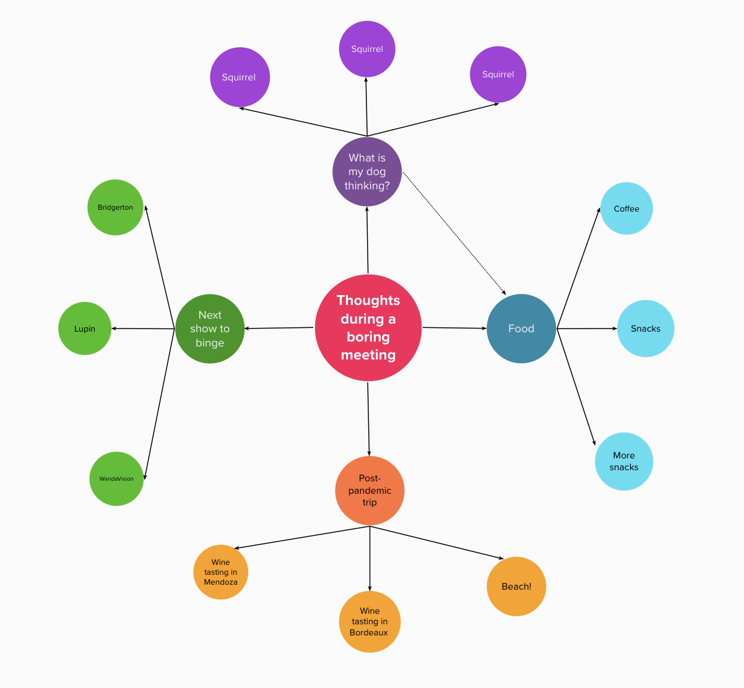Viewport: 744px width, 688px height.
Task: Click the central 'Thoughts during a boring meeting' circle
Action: pos(368,328)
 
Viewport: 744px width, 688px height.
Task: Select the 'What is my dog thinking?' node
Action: pos(367,171)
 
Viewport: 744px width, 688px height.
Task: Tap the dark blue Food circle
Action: pos(521,329)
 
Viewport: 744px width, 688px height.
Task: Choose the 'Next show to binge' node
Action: pos(210,329)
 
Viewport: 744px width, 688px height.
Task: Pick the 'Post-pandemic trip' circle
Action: pos(370,490)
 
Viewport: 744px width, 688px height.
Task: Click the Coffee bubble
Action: pos(626,209)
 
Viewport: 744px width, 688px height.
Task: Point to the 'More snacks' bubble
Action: pos(624,462)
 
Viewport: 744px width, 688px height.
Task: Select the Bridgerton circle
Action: pos(115,207)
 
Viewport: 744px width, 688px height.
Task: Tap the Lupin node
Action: pos(85,329)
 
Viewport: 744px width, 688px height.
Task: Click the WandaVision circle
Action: pos(116,479)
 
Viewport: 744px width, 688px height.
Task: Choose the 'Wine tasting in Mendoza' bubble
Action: pos(220,572)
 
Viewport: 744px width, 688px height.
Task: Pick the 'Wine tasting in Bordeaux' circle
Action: pos(370,621)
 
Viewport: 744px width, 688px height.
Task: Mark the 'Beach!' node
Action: pos(516,586)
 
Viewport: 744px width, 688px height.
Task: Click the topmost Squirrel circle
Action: pos(367,49)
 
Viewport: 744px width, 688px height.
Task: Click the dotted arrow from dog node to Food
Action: pos(454,233)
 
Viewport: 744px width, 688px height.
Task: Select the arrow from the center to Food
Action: pos(454,328)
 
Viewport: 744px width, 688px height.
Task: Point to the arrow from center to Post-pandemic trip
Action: pos(368,419)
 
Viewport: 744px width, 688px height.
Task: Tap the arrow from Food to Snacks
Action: pos(587,329)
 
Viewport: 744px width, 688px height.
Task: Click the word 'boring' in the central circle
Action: pos(368,337)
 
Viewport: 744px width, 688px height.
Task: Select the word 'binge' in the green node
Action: pos(210,343)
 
